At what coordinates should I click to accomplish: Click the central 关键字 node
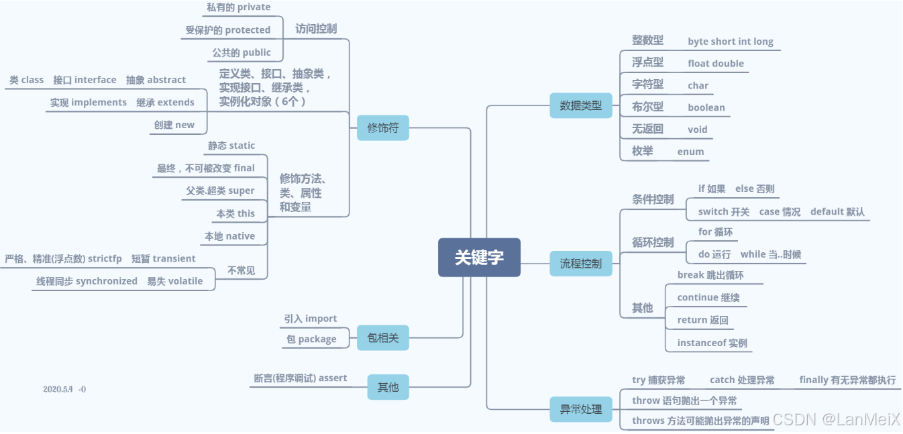(479, 257)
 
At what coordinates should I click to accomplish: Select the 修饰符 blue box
(382, 127)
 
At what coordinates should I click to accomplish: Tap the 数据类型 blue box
(581, 105)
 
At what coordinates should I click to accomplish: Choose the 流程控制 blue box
(581, 264)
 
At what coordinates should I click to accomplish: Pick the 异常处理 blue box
(581, 409)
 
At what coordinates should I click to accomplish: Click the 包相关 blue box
(382, 337)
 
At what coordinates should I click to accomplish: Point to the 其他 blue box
(388, 386)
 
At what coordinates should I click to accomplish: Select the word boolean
(706, 107)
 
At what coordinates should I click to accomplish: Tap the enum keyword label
(690, 152)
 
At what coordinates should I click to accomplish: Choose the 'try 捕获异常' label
(658, 380)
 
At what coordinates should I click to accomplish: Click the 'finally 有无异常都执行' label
(847, 380)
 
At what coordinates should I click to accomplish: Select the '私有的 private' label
(238, 7)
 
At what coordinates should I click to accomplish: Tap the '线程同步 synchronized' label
(87, 281)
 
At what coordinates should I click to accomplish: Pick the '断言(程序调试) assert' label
(300, 378)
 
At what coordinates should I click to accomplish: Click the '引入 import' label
(310, 319)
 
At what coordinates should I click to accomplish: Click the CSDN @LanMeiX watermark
(835, 419)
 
